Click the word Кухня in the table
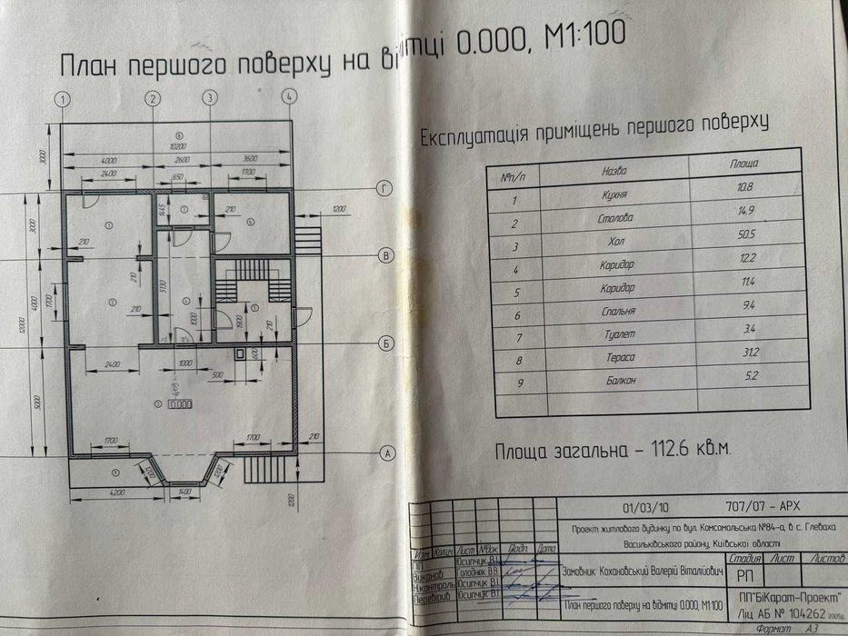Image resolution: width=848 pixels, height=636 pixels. pyautogui.click(x=615, y=195)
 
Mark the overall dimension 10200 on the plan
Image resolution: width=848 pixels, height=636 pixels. pyautogui.click(x=179, y=144)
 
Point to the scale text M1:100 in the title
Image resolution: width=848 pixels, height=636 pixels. pyautogui.click(x=582, y=38)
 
